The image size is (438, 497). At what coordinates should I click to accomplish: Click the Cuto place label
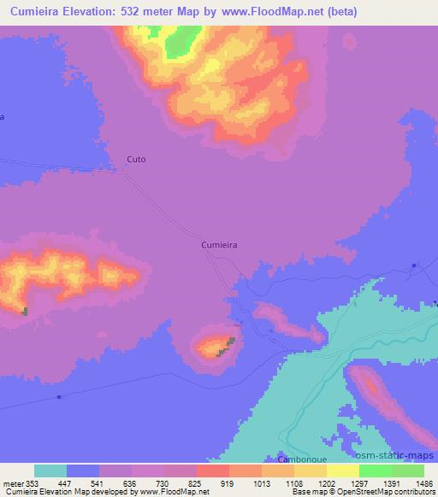136,159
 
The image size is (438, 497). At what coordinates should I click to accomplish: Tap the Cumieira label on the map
218,244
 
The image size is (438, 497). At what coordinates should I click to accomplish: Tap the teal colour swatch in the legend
50,471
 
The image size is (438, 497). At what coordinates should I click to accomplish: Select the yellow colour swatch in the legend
343,471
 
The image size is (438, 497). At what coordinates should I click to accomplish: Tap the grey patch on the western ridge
25,311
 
